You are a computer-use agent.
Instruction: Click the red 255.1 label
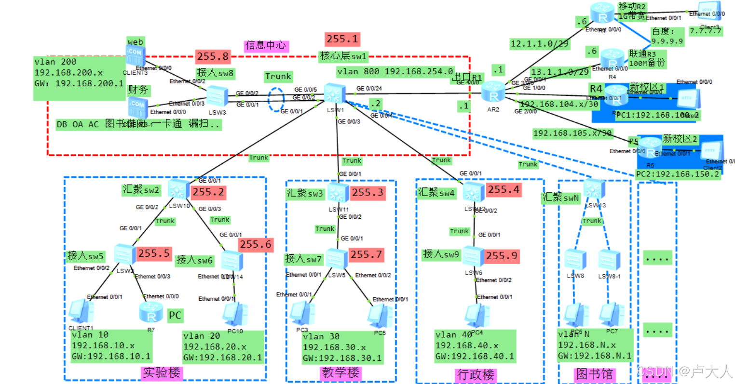pos(342,39)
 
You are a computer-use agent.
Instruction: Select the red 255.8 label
pos(213,57)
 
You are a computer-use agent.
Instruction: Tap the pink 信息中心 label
pos(266,46)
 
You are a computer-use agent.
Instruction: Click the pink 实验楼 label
pos(162,373)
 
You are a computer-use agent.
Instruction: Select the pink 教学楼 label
pos(340,373)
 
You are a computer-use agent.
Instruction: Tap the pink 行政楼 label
pos(475,375)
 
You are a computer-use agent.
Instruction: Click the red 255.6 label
pos(256,245)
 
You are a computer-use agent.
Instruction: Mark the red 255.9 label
pos(502,256)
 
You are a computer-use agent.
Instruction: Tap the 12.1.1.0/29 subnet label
pos(539,44)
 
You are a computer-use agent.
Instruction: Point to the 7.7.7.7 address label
pos(705,31)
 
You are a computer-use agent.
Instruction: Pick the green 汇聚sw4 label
pos(436,193)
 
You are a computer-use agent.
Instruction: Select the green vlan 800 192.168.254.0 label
pos(395,72)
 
